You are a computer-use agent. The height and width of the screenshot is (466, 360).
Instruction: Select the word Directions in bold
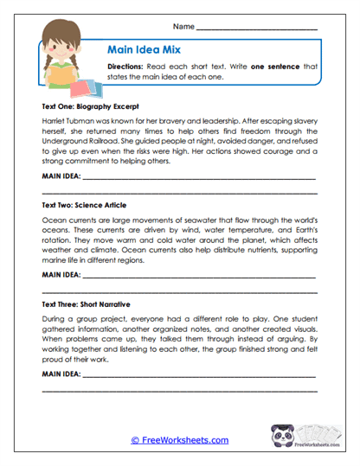coord(127,67)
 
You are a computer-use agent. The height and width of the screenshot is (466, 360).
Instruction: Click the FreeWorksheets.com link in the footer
coord(180,440)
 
